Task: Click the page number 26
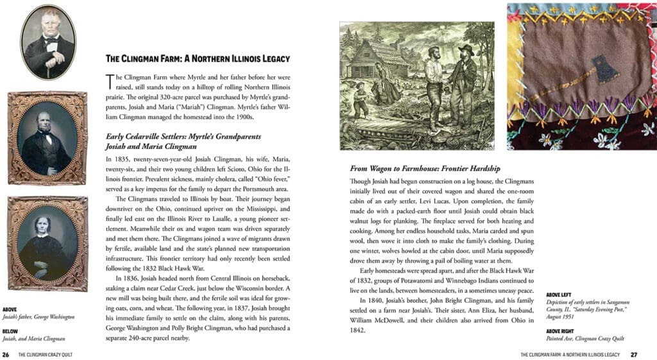(6, 354)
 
